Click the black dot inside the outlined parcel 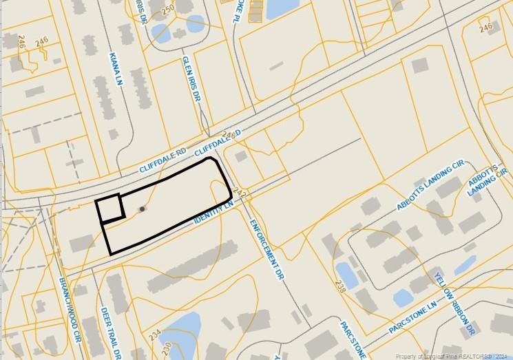143,209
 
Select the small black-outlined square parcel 110,208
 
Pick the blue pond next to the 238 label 347,276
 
